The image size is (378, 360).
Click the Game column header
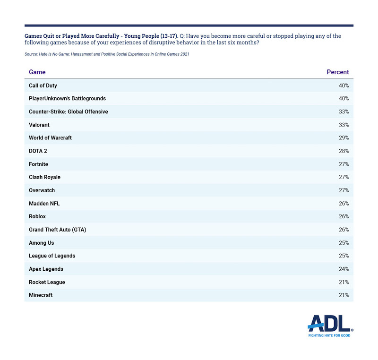point(37,72)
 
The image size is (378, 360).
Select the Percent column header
point(337,72)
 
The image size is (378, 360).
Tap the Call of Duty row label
point(43,86)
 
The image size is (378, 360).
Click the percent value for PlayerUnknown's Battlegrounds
point(344,99)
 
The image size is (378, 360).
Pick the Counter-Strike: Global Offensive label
point(69,112)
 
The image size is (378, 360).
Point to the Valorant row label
point(39,125)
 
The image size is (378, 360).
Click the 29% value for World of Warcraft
point(344,138)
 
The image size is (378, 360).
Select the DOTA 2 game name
point(38,151)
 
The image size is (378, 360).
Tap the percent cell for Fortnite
point(344,164)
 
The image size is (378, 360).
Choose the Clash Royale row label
point(45,177)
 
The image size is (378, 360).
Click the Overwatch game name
point(42,190)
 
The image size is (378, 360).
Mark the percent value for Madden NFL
point(344,204)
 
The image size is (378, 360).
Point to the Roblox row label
point(37,216)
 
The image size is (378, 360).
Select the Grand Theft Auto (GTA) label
point(58,230)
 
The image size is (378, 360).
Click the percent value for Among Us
point(344,243)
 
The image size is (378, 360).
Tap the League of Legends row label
point(52,256)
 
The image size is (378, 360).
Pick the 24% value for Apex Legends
point(344,269)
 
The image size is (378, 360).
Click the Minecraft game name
point(41,295)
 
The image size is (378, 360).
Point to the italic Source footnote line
point(107,54)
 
